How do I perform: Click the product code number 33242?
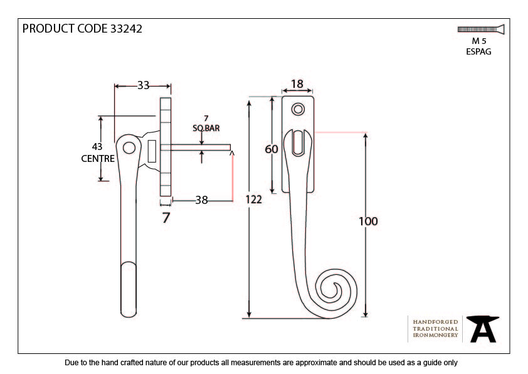[126, 29]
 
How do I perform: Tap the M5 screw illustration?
[481, 29]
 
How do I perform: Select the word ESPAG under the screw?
[478, 51]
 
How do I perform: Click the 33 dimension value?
[143, 85]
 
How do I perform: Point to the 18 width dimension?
[297, 84]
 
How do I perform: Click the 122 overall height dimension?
[253, 200]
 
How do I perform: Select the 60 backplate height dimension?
[272, 149]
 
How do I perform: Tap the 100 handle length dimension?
[368, 222]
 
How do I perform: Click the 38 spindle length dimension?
[201, 200]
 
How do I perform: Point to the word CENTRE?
[98, 158]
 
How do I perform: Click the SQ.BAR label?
[206, 128]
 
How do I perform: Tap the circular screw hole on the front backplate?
[298, 109]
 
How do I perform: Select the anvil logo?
[483, 329]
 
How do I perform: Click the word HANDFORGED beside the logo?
[435, 322]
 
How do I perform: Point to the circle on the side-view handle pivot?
[129, 147]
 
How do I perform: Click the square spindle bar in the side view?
[201, 147]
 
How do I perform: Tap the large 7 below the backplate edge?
[166, 218]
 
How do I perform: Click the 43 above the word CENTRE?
[97, 147]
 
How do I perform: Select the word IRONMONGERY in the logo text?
[435, 335]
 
